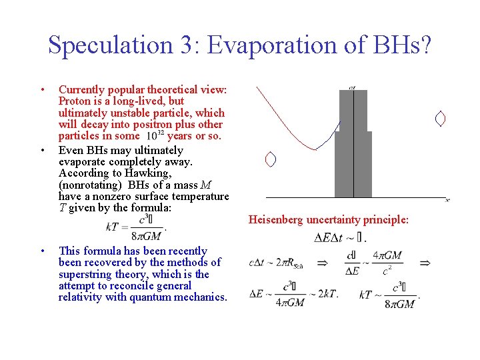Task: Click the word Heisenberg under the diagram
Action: [276, 219]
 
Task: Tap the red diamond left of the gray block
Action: [270, 159]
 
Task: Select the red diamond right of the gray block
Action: [439, 119]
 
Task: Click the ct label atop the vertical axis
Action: [352, 87]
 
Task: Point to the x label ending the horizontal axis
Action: [447, 199]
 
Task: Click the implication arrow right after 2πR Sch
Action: [322, 263]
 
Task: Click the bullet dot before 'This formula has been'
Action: [42, 251]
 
